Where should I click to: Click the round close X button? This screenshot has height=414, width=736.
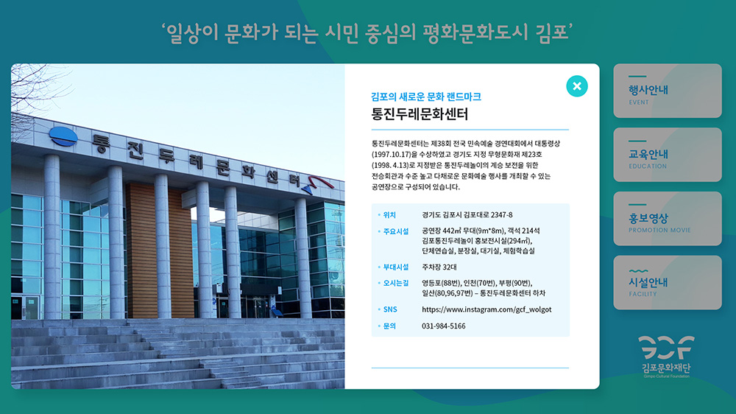pyautogui.click(x=577, y=86)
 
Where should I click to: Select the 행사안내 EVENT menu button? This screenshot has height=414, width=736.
pyautogui.click(x=668, y=91)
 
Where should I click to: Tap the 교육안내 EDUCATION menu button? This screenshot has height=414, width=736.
pyautogui.click(x=668, y=155)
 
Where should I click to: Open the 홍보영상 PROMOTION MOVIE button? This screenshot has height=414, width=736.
pyautogui.click(x=668, y=219)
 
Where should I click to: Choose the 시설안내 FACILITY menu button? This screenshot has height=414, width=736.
pyautogui.click(x=668, y=282)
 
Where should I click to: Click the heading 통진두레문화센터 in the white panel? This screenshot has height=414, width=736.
pyautogui.click(x=420, y=114)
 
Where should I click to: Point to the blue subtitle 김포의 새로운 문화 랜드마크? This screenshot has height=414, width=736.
pyautogui.click(x=425, y=97)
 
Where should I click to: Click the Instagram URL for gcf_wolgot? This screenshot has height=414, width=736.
pyautogui.click(x=486, y=309)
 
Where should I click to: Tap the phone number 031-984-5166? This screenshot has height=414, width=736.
pyautogui.click(x=444, y=326)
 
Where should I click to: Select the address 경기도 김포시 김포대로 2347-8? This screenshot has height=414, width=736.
pyautogui.click(x=467, y=215)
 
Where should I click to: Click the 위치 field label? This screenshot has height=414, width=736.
pyautogui.click(x=389, y=215)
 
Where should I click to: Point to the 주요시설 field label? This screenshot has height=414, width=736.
pyautogui.click(x=396, y=231)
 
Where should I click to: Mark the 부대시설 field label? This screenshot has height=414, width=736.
pyautogui.click(x=396, y=267)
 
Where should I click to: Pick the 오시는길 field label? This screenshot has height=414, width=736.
pyautogui.click(x=396, y=283)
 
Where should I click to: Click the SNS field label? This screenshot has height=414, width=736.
pyautogui.click(x=390, y=309)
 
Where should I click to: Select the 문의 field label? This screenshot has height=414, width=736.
pyautogui.click(x=389, y=326)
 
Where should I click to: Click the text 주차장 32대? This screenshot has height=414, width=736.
pyautogui.click(x=439, y=267)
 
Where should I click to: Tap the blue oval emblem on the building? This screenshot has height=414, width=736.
pyautogui.click(x=63, y=136)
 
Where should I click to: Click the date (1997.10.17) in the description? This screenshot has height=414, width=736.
pyautogui.click(x=392, y=154)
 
